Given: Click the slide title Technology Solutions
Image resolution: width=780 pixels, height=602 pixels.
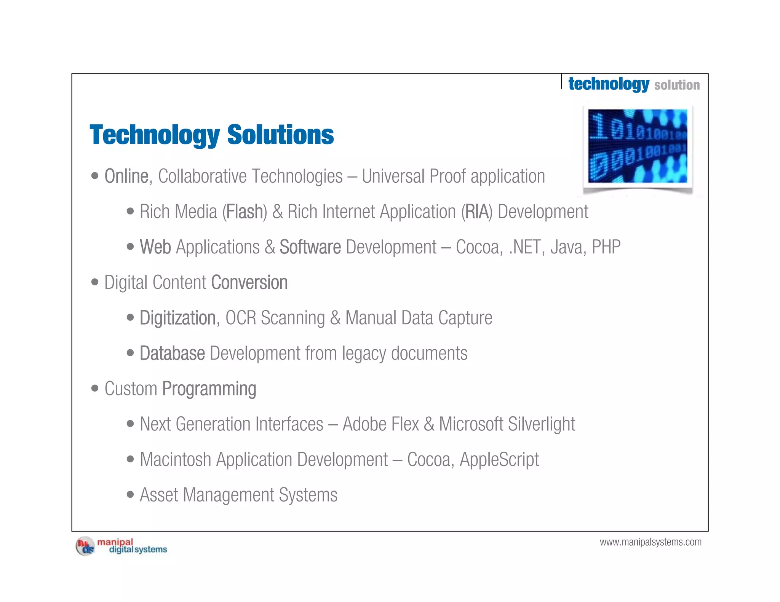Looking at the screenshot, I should tap(211, 135).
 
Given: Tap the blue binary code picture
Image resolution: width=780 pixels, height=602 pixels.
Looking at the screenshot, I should tap(637, 146).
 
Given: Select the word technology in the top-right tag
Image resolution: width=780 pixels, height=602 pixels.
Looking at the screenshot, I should tap(608, 84).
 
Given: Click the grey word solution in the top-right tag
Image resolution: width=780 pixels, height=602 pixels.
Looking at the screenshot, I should tap(677, 85).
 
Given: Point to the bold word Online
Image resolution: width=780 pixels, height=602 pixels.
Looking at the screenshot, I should tap(126, 176).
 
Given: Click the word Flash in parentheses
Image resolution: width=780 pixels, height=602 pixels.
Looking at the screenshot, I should tap(245, 212).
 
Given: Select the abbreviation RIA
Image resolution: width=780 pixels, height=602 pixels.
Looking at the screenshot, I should tap(476, 212).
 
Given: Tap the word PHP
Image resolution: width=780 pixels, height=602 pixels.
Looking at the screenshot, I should tap(606, 247).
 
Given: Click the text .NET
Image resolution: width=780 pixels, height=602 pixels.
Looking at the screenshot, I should tap(523, 247).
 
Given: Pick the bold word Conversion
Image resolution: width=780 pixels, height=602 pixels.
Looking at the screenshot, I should tap(249, 282).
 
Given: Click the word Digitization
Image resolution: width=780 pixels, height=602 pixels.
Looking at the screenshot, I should tap(177, 318).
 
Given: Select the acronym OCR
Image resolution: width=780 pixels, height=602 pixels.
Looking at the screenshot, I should tap(240, 318).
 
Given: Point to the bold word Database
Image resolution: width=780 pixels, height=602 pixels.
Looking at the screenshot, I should tap(172, 353).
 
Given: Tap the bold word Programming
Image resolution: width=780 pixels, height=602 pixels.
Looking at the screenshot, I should tap(209, 389).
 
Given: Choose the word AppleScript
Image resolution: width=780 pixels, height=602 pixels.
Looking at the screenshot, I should tap(499, 459).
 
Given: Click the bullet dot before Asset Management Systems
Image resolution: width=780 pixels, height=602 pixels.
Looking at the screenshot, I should tap(130, 494).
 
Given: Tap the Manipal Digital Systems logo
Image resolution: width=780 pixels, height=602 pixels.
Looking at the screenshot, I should tap(121, 546).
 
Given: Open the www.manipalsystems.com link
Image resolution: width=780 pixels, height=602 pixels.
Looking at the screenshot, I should tap(650, 542).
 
